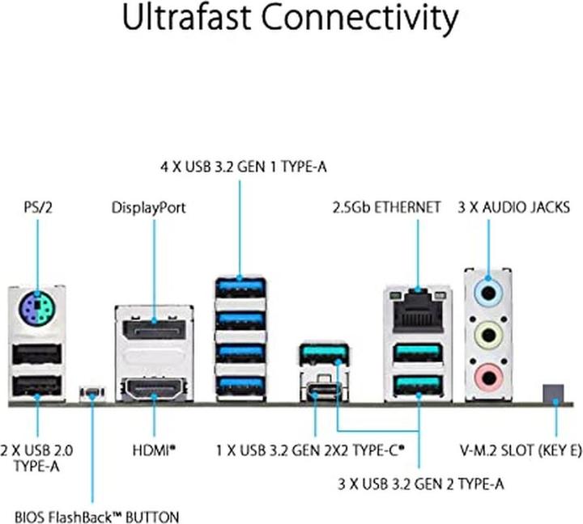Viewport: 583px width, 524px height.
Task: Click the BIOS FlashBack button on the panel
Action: click(x=91, y=395)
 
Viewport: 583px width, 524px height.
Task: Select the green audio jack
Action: click(x=487, y=334)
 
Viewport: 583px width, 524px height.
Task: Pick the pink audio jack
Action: click(x=487, y=374)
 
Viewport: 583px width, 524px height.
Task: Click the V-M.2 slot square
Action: click(x=555, y=392)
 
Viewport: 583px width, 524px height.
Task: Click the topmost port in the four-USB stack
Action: click(x=240, y=289)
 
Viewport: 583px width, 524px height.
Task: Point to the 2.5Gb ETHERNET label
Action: click(x=386, y=207)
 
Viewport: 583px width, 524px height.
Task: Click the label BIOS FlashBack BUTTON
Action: click(x=97, y=515)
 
